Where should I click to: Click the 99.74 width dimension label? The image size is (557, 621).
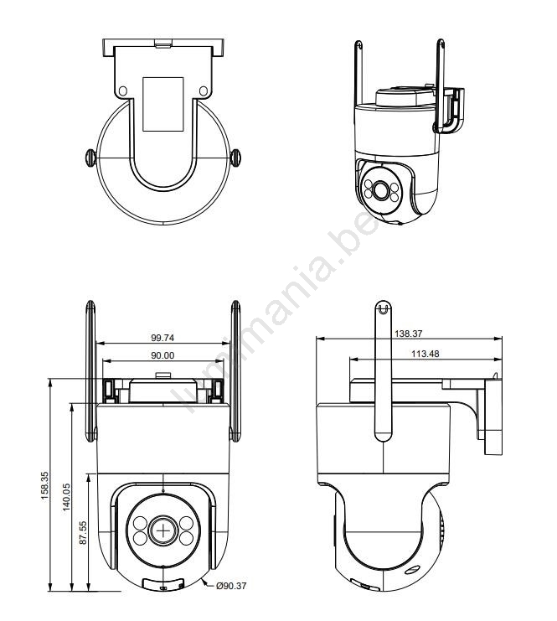(x=162, y=338)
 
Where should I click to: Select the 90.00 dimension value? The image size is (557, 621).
(x=162, y=355)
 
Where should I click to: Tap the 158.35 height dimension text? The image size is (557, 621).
(x=44, y=485)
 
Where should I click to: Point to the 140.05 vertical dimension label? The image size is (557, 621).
(x=66, y=497)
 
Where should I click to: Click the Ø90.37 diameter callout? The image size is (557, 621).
(x=231, y=585)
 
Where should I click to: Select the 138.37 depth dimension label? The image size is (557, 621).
(x=409, y=334)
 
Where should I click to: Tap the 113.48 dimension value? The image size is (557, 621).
(x=425, y=354)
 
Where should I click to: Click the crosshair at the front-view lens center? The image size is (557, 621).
(x=162, y=530)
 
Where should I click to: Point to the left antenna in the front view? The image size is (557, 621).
(x=91, y=371)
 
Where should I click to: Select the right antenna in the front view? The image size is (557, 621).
(x=235, y=371)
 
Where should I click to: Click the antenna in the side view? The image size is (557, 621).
(x=383, y=371)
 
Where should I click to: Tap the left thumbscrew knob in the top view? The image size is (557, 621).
(x=90, y=158)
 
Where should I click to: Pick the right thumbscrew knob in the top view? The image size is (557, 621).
(x=235, y=158)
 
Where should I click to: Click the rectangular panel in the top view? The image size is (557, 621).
(x=163, y=104)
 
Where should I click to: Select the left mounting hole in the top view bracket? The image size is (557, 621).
(x=123, y=91)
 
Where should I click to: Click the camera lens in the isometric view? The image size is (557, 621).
(x=381, y=190)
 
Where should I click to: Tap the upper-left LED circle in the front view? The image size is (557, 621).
(x=140, y=524)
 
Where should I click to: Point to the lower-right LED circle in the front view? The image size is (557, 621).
(x=186, y=538)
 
